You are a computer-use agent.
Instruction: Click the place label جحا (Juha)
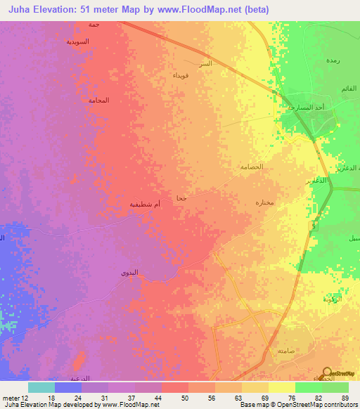click(181, 199)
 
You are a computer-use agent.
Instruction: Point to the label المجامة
click(99, 100)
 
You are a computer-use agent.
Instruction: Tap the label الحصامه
click(251, 167)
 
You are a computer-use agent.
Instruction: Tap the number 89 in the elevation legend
click(345, 397)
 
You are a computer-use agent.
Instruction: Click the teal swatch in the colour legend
click(41, 387)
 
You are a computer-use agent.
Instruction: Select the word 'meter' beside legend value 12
click(12, 397)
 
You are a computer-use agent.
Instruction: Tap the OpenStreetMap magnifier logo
click(327, 373)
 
